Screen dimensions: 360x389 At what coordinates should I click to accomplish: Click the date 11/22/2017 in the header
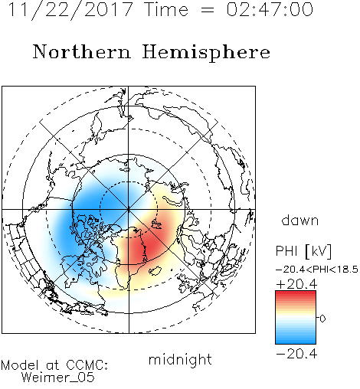pos(70,9)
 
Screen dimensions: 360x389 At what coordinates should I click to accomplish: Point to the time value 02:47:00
pos(270,9)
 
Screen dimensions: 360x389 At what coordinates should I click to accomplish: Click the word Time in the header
pos(166,9)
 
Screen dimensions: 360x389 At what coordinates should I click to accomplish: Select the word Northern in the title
pos(82,51)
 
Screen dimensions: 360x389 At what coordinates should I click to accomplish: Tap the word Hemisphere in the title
pos(206,52)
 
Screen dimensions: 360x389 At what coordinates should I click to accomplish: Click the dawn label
pos(300,220)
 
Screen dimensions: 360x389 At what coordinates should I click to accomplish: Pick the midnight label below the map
pos(180,359)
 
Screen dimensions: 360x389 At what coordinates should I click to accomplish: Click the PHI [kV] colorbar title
pos(303,251)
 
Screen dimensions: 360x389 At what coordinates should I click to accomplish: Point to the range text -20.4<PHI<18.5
pos(317,270)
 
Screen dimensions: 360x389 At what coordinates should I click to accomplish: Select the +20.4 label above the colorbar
pos(296,284)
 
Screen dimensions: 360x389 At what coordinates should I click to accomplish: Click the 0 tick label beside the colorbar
pos(322,319)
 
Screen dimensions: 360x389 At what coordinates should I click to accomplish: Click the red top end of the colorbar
pos(296,293)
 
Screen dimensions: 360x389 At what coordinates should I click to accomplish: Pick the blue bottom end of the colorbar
pos(296,342)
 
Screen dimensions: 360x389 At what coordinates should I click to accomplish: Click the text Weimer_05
pos(58,378)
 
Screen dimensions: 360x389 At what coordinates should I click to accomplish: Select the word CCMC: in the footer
pos(87,365)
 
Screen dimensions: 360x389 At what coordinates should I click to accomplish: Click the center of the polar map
pos(129,210)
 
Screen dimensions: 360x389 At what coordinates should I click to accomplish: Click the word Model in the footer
pos(20,365)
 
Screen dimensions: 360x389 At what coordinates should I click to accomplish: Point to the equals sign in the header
pos(208,10)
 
